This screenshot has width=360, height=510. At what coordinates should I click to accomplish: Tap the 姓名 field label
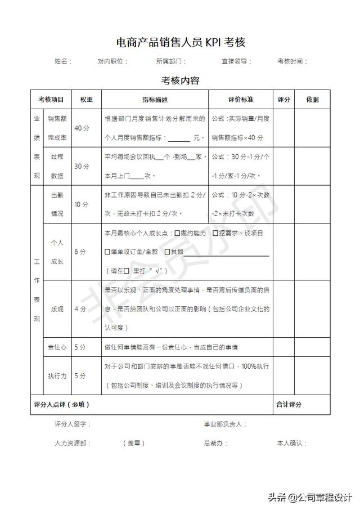pyautogui.click(x=62, y=61)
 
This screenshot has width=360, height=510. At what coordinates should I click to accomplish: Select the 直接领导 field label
pyautogui.click(x=236, y=61)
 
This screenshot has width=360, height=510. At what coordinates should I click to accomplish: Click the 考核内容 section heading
pyautogui.click(x=180, y=80)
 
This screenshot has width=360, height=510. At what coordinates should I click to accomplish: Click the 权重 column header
pyautogui.click(x=86, y=100)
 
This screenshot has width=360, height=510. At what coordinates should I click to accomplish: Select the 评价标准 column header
pyautogui.click(x=240, y=100)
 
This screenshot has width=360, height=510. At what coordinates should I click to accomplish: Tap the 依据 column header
pyautogui.click(x=312, y=100)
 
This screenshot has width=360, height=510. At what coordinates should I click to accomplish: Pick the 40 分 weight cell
pyautogui.click(x=82, y=128)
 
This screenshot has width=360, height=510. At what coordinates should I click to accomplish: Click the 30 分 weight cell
pyautogui.click(x=82, y=166)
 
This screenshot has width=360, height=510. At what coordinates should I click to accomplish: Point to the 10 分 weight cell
pyautogui.click(x=82, y=204)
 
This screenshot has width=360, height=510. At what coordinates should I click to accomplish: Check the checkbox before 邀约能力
pyautogui.click(x=177, y=233)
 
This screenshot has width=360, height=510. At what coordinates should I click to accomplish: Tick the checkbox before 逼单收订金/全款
pyautogui.click(x=108, y=252)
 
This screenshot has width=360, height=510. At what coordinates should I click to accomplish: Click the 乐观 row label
pyautogui.click(x=57, y=309)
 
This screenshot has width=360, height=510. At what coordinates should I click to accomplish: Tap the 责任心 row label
pyautogui.click(x=57, y=347)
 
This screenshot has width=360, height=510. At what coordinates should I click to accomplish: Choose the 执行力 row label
pyautogui.click(x=57, y=375)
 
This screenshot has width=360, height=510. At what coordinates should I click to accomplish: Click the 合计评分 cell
pyautogui.click(x=289, y=405)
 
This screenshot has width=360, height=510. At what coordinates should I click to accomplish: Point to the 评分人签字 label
pyautogui.click(x=73, y=424)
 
